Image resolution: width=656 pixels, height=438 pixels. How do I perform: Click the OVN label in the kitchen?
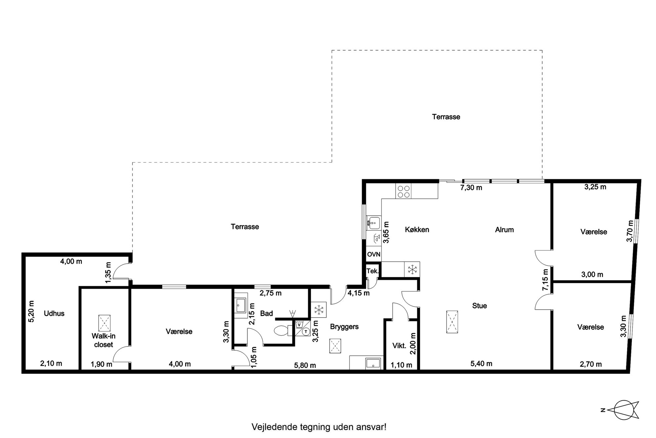pos(374,255)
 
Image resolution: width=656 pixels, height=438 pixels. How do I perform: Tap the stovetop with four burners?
pos(403,191)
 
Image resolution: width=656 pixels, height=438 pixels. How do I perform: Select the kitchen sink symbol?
pos(374,223)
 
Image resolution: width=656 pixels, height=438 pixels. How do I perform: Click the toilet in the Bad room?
pos(282,330)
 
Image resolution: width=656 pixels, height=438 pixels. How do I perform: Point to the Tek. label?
pos(372,271)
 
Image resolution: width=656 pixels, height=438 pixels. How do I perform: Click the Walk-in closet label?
pos(103,340)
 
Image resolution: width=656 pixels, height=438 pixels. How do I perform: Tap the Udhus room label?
pos(54,313)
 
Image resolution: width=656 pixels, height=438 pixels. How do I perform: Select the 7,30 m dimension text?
pos(471,188)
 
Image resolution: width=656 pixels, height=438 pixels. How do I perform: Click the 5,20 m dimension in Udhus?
pos(31,311)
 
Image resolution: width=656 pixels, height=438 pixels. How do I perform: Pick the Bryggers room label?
pos(344,327)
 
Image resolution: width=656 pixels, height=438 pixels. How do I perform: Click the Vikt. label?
pos(399,346)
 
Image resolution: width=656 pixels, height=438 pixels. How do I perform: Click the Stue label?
pos(479,306)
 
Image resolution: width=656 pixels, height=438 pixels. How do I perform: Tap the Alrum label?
pos(504,230)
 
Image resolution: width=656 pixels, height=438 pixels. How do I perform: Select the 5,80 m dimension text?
pos(305,365)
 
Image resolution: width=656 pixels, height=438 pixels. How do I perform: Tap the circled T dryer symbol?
pos(306,331)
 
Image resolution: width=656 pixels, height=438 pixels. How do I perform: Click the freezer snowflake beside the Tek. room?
pos(412,269)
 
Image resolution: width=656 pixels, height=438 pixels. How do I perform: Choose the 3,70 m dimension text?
pos(630,231)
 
